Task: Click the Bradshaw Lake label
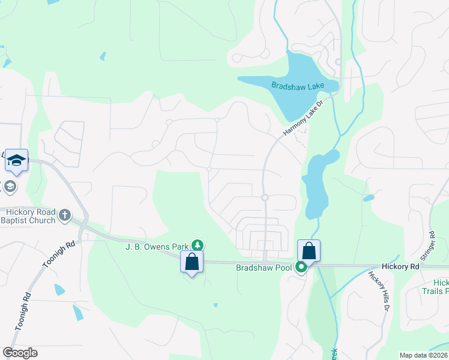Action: [297, 86]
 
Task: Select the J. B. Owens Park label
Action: [157, 246]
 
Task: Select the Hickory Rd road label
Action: [400, 266]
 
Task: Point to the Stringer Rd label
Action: [430, 245]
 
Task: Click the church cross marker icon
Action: [65, 214]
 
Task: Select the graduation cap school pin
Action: [16, 160]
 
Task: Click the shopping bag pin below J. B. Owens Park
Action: [192, 262]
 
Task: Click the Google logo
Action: [20, 353]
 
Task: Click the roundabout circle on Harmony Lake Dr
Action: [264, 197]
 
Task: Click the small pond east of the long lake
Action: [369, 197]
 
